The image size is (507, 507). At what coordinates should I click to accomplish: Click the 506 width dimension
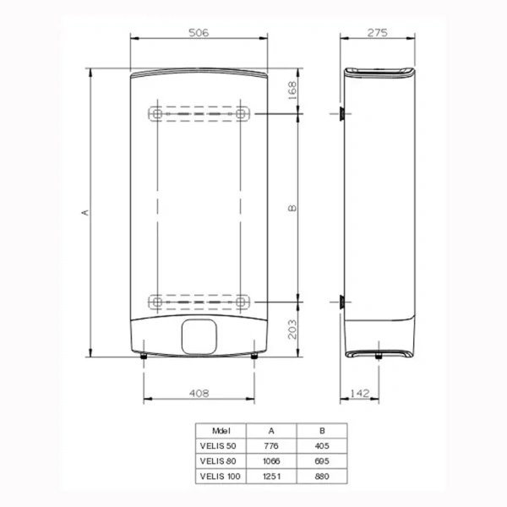[x=199, y=32]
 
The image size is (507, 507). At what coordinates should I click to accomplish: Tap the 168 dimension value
[x=292, y=90]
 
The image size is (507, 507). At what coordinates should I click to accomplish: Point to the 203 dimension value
[x=292, y=328]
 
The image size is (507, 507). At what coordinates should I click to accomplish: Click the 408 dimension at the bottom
[x=199, y=393]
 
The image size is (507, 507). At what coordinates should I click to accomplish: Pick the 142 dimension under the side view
[x=362, y=393]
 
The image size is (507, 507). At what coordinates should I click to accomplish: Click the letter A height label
[x=84, y=213]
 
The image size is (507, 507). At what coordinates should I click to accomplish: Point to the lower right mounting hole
[x=242, y=300]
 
